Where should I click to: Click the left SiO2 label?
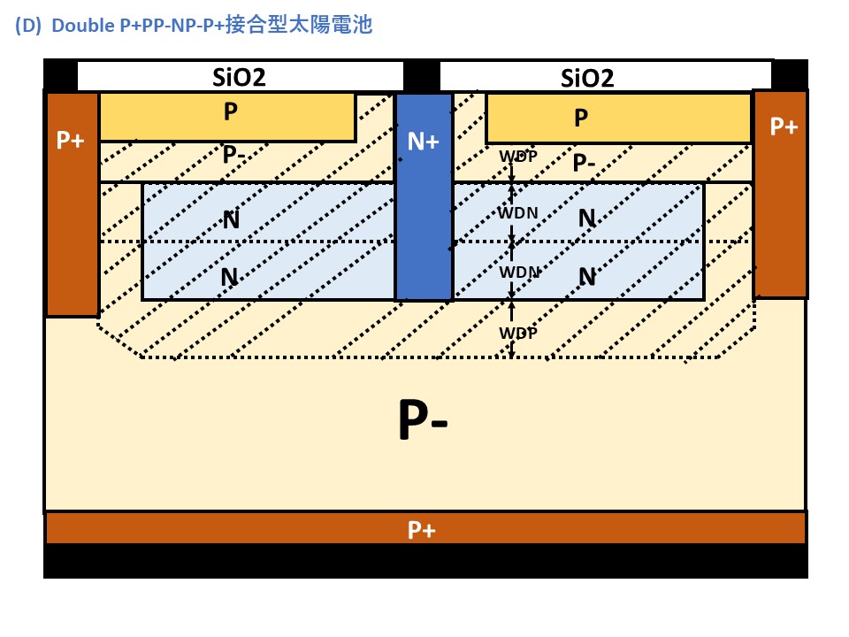pos(239,77)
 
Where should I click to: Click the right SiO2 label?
pos(587,78)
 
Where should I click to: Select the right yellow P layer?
pos(617,119)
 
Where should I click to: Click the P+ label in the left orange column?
pos(71,140)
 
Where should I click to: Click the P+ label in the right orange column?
pos(784,127)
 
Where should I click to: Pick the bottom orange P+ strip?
pos(424,529)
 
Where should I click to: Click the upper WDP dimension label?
pos(518,157)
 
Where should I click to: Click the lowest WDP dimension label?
pos(518,333)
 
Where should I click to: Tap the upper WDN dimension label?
pos(519,212)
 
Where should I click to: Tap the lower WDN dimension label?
pos(519,272)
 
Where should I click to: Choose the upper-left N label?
pos(231,219)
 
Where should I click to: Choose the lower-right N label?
pos(587,277)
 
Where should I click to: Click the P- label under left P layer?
pos(234,155)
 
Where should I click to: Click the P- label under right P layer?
pos(585,163)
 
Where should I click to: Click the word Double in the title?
pos(82,26)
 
